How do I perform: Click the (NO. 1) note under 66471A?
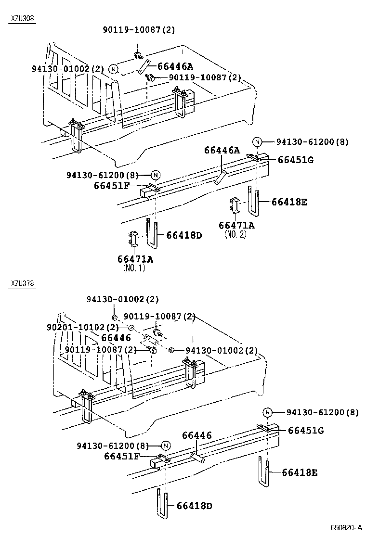[134, 268]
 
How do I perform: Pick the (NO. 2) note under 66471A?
[235, 235]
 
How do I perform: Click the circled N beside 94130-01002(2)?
[113, 69]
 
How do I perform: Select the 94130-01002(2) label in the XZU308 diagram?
[68, 69]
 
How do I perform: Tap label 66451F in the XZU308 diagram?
[111, 186]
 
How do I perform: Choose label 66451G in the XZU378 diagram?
[306, 430]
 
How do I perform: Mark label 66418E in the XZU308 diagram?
[289, 202]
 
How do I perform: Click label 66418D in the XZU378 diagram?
[194, 506]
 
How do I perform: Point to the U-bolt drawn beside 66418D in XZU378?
[161, 503]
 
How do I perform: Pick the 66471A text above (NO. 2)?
[236, 226]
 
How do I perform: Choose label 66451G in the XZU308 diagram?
[295, 160]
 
